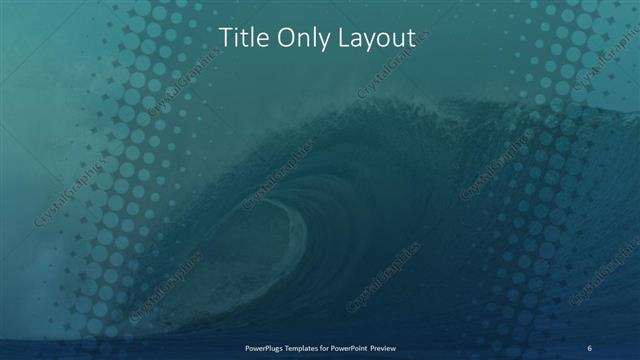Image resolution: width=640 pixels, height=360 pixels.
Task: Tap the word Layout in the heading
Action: point(371,39)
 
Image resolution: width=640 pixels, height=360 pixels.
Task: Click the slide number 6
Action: point(590,347)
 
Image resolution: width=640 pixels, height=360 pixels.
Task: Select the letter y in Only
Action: point(317,41)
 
